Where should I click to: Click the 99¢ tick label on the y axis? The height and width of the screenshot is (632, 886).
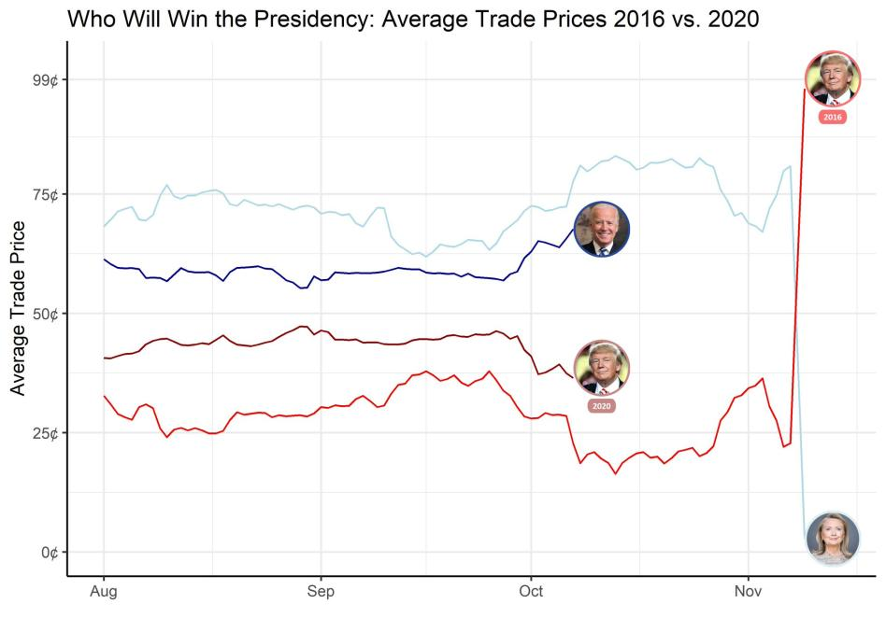pos(46,80)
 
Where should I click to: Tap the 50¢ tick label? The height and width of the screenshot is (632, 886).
pos(46,314)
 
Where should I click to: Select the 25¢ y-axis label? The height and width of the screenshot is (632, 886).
pos(46,433)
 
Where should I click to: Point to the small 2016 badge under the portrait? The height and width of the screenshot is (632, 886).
pos(833,118)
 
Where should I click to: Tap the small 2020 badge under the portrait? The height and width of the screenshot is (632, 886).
pos(602,406)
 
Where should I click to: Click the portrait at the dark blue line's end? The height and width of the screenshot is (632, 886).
pos(602,229)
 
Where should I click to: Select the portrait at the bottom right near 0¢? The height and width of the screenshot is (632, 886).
pos(832,538)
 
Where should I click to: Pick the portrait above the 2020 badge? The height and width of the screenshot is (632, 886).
pos(602,368)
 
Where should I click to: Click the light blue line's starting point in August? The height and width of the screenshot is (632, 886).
pos(104,226)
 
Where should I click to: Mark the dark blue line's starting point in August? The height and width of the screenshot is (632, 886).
pos(104,260)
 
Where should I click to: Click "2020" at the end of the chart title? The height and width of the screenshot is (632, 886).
pos(728,19)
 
